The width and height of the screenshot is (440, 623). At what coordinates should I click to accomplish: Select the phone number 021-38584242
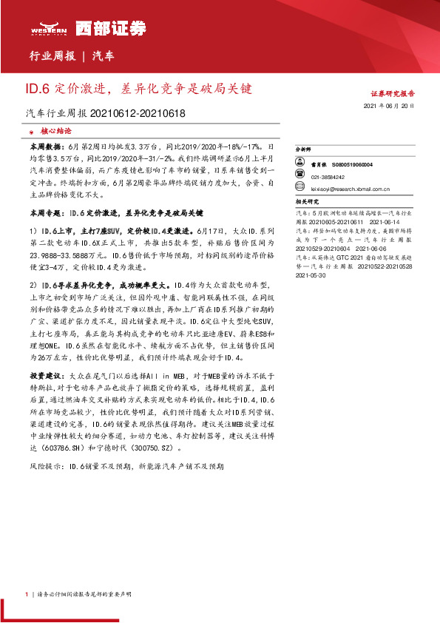(x=328, y=178)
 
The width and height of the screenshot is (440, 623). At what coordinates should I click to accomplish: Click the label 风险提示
(x=43, y=467)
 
